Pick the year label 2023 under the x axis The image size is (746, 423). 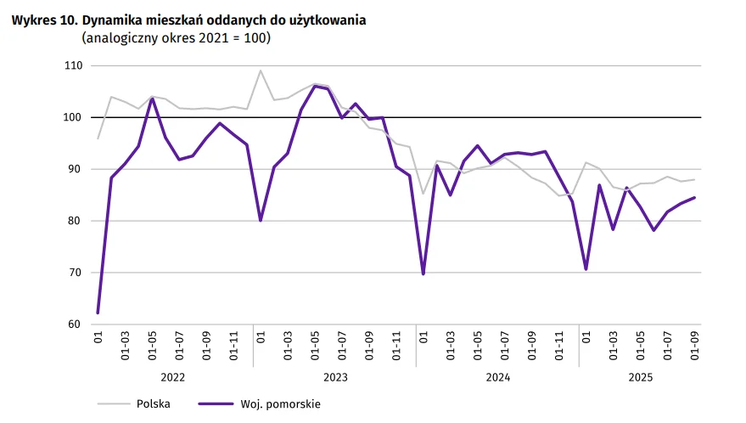point(335,375)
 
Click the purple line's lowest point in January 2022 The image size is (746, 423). point(98,313)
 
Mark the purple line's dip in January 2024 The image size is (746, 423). point(423,274)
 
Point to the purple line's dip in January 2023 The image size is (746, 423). point(261,220)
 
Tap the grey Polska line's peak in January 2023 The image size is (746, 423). point(261,70)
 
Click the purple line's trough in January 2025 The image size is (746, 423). point(586,269)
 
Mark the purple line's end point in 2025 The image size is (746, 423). point(694,198)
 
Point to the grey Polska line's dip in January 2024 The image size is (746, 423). point(423,194)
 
